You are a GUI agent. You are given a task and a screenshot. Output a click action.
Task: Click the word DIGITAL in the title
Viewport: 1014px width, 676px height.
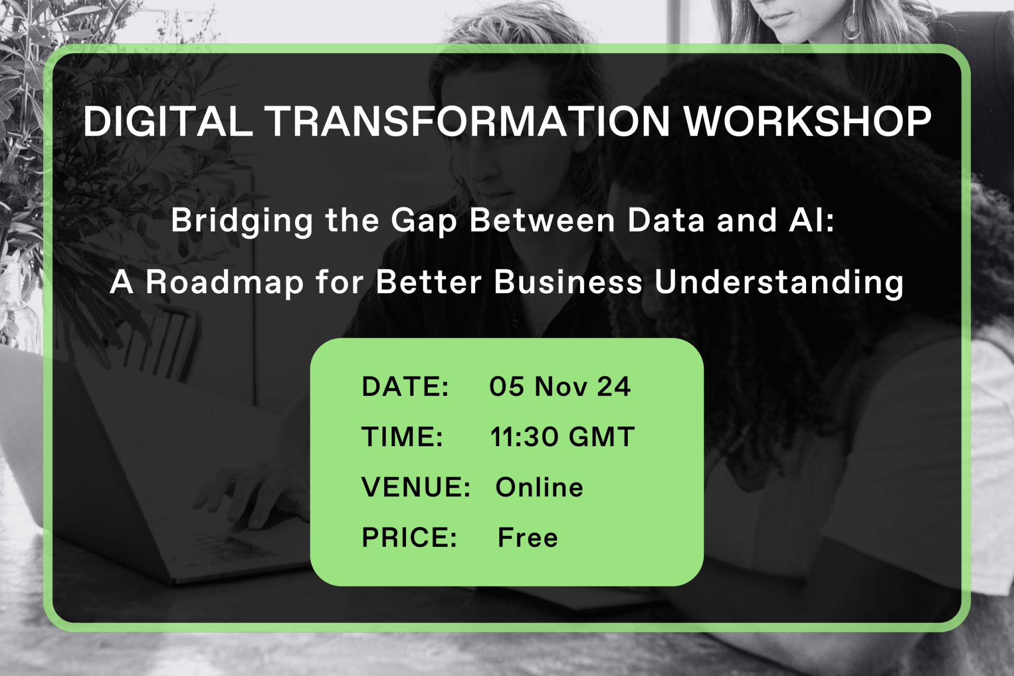tap(168, 121)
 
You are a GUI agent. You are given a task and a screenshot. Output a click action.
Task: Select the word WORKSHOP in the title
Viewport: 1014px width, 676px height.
tap(808, 121)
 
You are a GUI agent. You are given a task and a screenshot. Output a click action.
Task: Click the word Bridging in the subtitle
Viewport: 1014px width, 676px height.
tap(242, 220)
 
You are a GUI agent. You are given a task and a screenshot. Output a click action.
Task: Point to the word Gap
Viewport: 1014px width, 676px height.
tap(424, 221)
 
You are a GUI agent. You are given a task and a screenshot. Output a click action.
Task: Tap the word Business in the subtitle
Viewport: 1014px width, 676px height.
tap(568, 282)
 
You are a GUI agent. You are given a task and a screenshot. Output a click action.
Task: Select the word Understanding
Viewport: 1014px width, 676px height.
tap(779, 283)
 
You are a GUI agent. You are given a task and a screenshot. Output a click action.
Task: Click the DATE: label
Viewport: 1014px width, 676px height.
tap(405, 386)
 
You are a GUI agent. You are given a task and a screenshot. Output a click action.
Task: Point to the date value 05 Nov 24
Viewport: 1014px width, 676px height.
tap(560, 386)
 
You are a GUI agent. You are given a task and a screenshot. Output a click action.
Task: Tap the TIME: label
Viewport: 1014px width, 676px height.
tap(402, 437)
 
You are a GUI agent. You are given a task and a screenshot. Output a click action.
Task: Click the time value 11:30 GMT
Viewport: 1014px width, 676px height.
tap(562, 437)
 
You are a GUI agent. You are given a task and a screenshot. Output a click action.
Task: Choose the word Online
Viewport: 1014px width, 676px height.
tap(539, 487)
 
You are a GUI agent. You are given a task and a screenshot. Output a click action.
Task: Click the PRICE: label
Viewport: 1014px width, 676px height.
tap(409, 538)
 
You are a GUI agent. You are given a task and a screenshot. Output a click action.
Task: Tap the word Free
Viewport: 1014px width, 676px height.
tap(528, 538)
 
